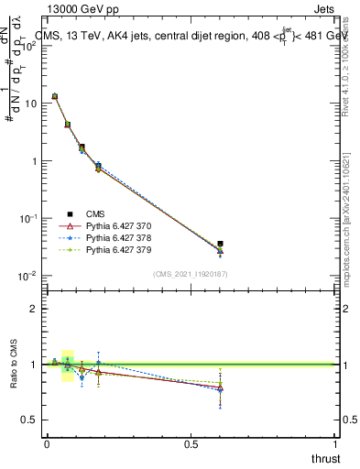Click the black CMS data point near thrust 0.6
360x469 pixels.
[220, 245]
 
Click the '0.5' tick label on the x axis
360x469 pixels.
[191, 444]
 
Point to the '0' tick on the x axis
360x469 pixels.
[47, 444]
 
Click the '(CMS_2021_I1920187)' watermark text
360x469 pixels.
[190, 274]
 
